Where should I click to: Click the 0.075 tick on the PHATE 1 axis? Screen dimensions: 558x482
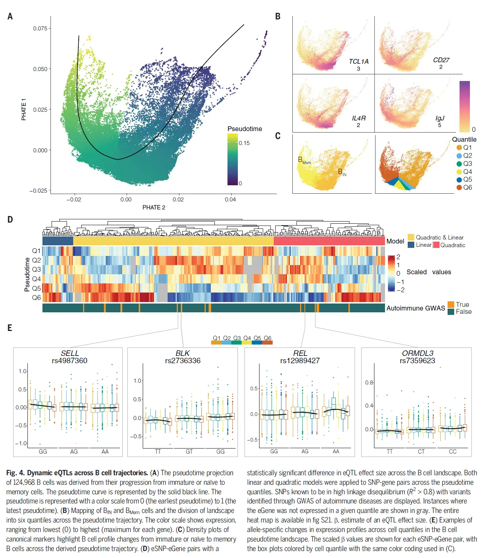(x=40, y=29)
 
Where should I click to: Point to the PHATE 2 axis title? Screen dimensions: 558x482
(x=154, y=208)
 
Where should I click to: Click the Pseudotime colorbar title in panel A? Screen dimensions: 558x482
(x=244, y=129)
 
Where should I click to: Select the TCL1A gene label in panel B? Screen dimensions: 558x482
(x=358, y=62)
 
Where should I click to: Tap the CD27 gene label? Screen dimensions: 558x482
(x=441, y=60)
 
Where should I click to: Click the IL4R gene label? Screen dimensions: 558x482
(x=359, y=118)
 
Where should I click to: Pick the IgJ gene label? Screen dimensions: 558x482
(x=440, y=118)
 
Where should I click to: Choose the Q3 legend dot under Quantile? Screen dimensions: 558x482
(x=459, y=164)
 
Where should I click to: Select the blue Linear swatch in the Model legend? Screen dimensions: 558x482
(x=411, y=245)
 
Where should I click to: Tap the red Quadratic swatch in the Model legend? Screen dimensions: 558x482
(x=436, y=245)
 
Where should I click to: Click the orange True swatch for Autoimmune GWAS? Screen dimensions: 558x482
(x=451, y=305)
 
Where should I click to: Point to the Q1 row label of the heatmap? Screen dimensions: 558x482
(x=36, y=251)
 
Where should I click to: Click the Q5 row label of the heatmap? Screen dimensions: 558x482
(x=36, y=289)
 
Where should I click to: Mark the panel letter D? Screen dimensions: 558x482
(x=10, y=220)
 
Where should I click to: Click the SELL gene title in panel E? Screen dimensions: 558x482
(x=70, y=353)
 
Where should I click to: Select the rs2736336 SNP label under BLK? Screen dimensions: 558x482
(x=183, y=361)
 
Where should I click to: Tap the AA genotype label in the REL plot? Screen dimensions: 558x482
(x=336, y=451)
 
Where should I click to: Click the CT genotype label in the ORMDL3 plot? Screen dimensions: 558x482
(x=421, y=451)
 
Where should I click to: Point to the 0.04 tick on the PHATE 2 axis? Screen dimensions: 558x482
(x=230, y=200)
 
